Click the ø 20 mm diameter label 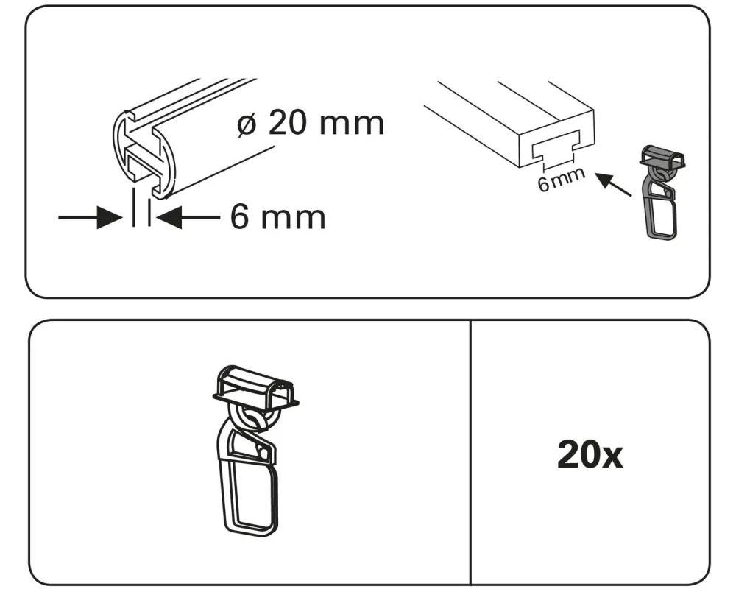[311, 123]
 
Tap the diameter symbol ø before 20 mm [247, 124]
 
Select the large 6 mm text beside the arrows [278, 217]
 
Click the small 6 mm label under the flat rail [562, 179]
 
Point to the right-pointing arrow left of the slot [90, 217]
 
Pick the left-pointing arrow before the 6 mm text [188, 217]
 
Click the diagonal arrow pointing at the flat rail [614, 184]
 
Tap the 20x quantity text [590, 455]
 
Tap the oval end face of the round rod [144, 154]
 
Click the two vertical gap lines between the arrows [141, 207]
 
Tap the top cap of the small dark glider [662, 156]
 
